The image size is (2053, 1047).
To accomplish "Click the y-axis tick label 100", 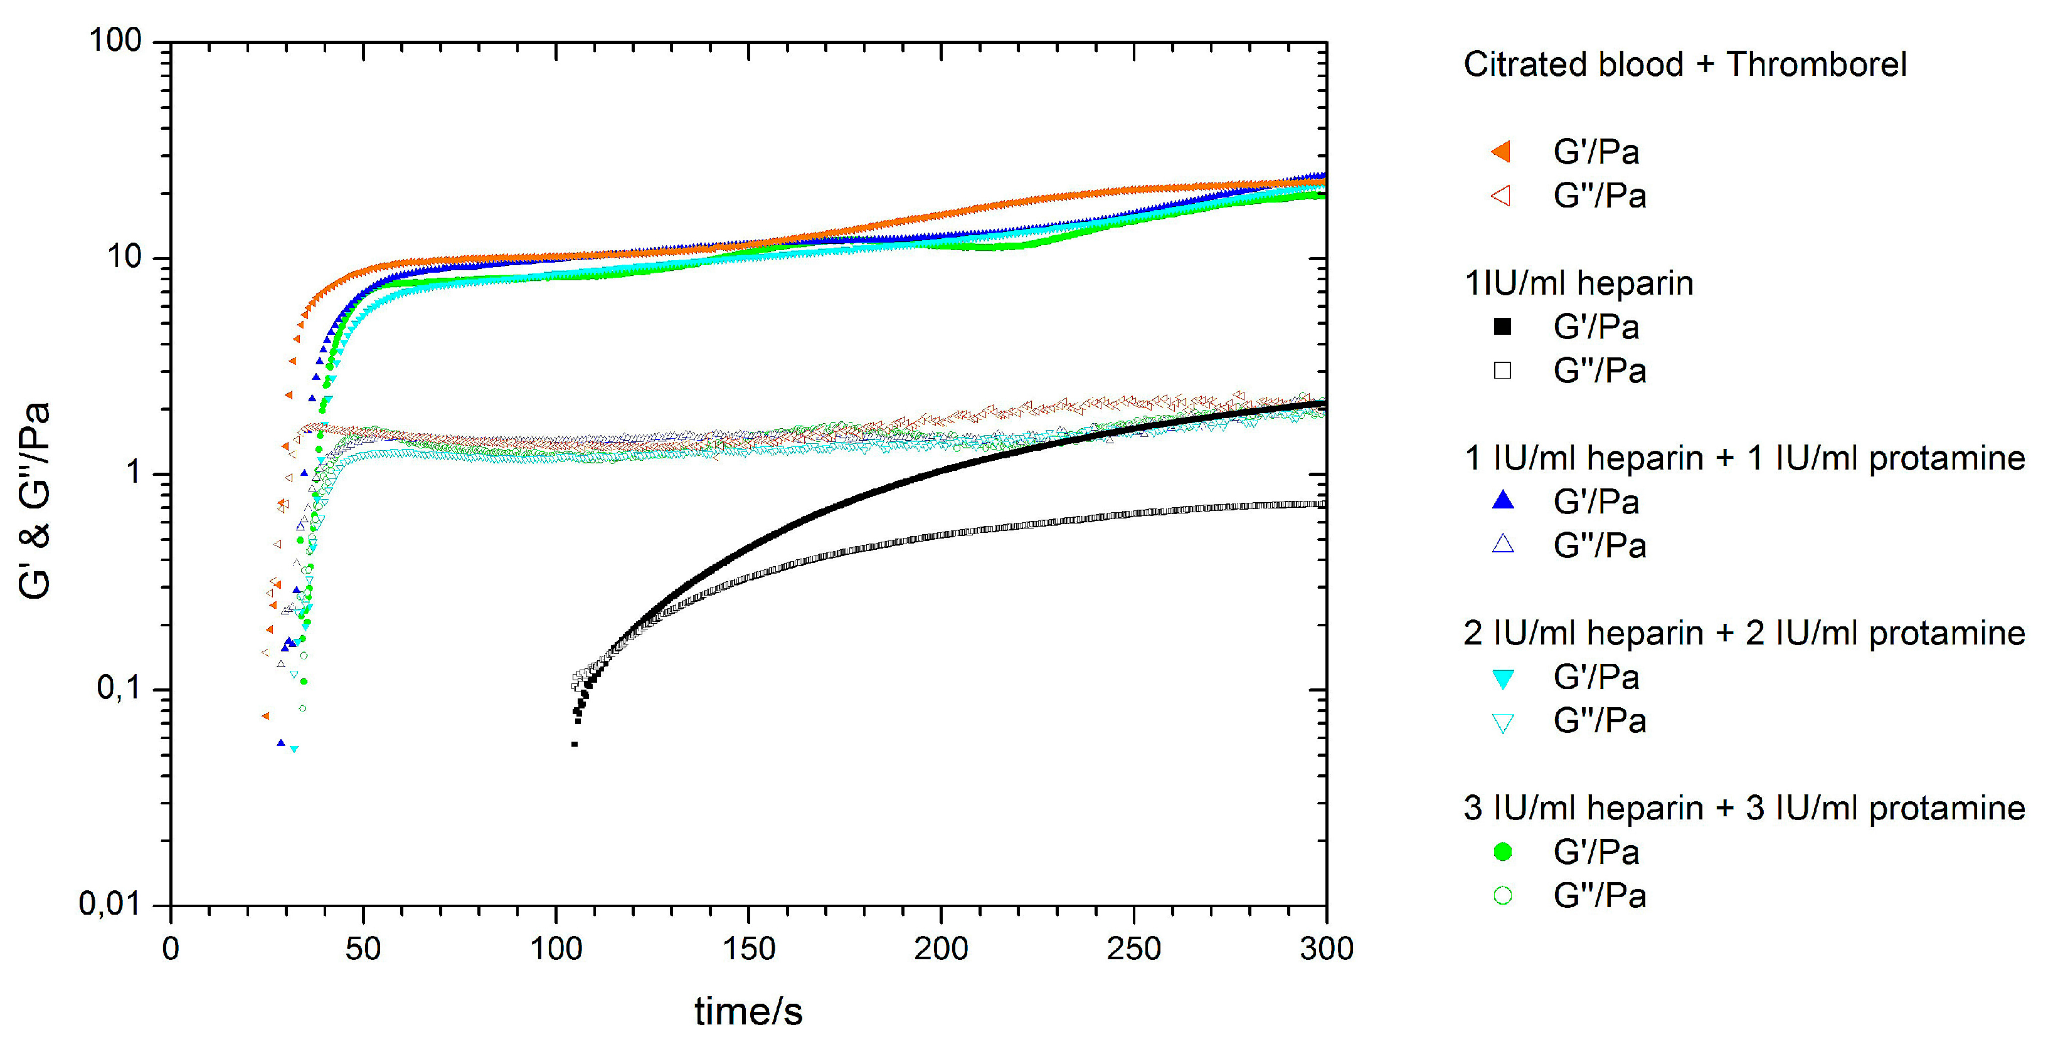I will (115, 40).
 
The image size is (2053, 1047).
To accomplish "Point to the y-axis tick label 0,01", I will (109, 903).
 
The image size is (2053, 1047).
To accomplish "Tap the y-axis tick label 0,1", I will (119, 688).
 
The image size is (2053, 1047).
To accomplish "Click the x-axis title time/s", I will (748, 1011).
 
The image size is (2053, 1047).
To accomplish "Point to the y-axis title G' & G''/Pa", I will (34, 500).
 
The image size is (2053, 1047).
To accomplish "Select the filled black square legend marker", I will (1502, 327).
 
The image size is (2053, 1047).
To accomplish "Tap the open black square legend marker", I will (1502, 371).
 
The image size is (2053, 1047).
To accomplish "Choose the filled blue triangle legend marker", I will (1502, 500).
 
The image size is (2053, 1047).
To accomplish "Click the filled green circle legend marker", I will (1502, 852).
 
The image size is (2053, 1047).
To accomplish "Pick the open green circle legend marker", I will (1502, 896).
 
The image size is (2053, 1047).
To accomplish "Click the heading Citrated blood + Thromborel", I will (1684, 65).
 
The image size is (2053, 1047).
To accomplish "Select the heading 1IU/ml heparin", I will (1578, 283).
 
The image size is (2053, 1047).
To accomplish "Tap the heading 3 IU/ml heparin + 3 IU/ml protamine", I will (1744, 808).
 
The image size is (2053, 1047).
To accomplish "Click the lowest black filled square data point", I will (574, 744).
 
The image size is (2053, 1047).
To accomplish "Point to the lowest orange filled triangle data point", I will (265, 715).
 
